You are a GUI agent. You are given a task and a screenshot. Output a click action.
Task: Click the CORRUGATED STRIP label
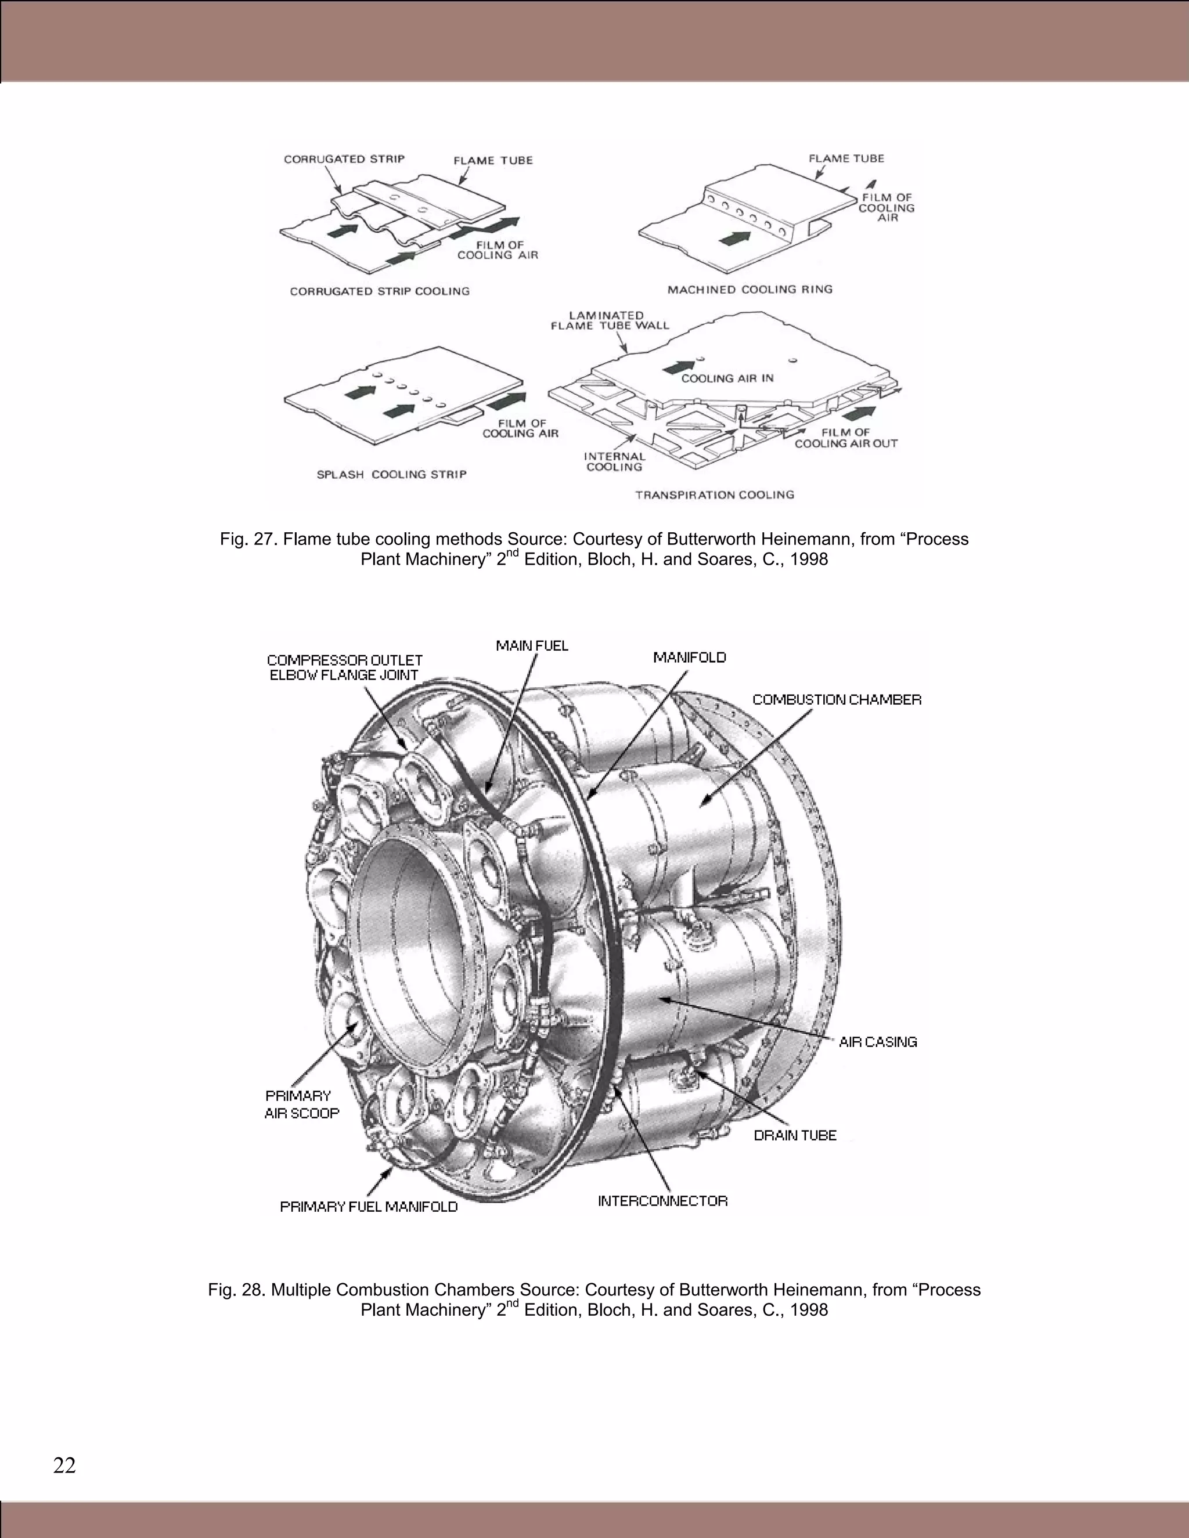[344, 159]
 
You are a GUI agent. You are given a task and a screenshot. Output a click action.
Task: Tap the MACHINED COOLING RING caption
[750, 290]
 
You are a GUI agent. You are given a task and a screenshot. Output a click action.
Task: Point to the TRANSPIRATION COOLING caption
[714, 495]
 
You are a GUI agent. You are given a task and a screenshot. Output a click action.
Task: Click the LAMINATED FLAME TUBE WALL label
[609, 320]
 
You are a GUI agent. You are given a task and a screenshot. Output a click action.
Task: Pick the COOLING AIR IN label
[727, 378]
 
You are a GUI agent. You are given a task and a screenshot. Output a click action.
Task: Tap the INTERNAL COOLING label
[614, 461]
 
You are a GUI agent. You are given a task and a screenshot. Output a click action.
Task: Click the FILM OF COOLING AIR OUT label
[846, 438]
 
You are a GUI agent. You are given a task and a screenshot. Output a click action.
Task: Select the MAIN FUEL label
[532, 646]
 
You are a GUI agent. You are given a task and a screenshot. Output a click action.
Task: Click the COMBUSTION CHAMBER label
[836, 699]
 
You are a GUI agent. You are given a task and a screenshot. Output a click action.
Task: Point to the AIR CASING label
[878, 1042]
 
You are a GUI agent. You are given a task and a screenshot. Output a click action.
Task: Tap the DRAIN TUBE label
[795, 1135]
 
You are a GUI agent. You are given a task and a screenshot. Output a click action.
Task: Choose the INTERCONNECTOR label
[662, 1201]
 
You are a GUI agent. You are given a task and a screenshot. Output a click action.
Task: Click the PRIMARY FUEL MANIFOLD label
[369, 1207]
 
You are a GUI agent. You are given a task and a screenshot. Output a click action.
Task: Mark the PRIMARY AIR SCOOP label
[301, 1104]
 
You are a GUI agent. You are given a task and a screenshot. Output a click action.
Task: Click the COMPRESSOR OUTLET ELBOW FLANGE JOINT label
[344, 667]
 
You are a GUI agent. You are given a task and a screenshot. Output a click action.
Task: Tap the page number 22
[64, 1465]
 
